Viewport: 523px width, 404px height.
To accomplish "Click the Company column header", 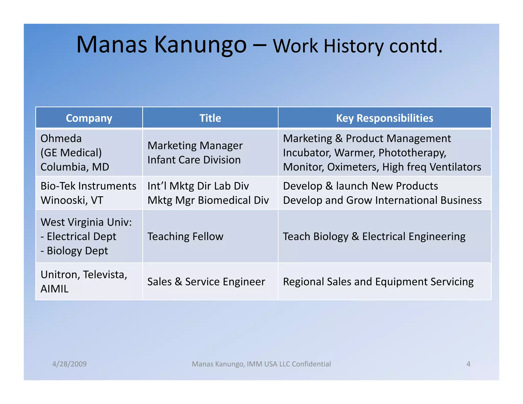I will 89,118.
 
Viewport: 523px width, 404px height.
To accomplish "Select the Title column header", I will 210,118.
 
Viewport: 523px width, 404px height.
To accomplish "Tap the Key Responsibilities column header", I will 385,118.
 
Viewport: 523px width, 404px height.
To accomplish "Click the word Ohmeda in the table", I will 61,138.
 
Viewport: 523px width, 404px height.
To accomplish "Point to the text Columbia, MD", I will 75,167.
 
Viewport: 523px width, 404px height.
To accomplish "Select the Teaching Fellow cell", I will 185,236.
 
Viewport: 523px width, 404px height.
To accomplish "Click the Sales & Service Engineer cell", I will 206,282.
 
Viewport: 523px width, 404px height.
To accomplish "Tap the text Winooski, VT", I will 72,200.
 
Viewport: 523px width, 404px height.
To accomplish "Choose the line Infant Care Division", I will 194,160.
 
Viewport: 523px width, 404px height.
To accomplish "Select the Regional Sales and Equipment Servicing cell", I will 378,282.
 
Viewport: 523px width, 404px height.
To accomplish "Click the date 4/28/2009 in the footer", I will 69,364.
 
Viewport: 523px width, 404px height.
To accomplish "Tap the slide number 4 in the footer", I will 468,364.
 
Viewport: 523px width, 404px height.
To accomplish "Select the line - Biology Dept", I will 74,251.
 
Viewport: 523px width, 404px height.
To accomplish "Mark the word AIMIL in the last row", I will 54,289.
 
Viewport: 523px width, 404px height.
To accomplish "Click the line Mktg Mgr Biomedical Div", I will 208,200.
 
